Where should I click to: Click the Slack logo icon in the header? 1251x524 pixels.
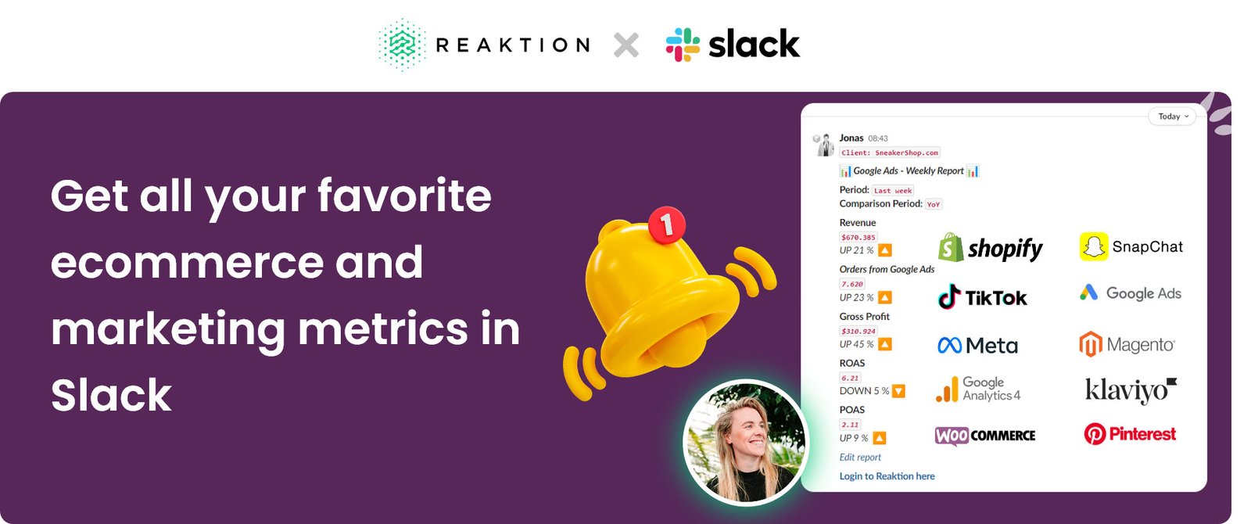pos(683,45)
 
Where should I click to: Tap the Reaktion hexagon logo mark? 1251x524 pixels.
pos(403,45)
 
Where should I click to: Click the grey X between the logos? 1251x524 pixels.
pos(625,45)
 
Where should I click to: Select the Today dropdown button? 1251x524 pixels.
pos(1172,117)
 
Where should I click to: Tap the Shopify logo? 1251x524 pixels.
pos(990,248)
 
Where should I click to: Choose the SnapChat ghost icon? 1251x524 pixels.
pos(1093,247)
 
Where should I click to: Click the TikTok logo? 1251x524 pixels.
pos(982,297)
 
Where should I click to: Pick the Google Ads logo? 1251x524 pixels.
pos(1130,293)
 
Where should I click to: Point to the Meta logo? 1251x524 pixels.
pos(977,345)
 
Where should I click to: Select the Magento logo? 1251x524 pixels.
pos(1127,344)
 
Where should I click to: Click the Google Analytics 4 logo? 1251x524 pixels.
pos(978,389)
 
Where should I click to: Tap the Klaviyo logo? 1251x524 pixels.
pos(1130,389)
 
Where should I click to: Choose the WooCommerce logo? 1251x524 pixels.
pos(985,435)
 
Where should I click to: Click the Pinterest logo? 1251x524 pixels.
pos(1130,434)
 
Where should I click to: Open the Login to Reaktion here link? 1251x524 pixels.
pos(887,476)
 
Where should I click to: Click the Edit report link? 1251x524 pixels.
pos(860,458)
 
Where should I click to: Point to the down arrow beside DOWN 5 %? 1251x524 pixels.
pos(898,391)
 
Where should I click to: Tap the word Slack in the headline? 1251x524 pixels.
pos(111,395)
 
